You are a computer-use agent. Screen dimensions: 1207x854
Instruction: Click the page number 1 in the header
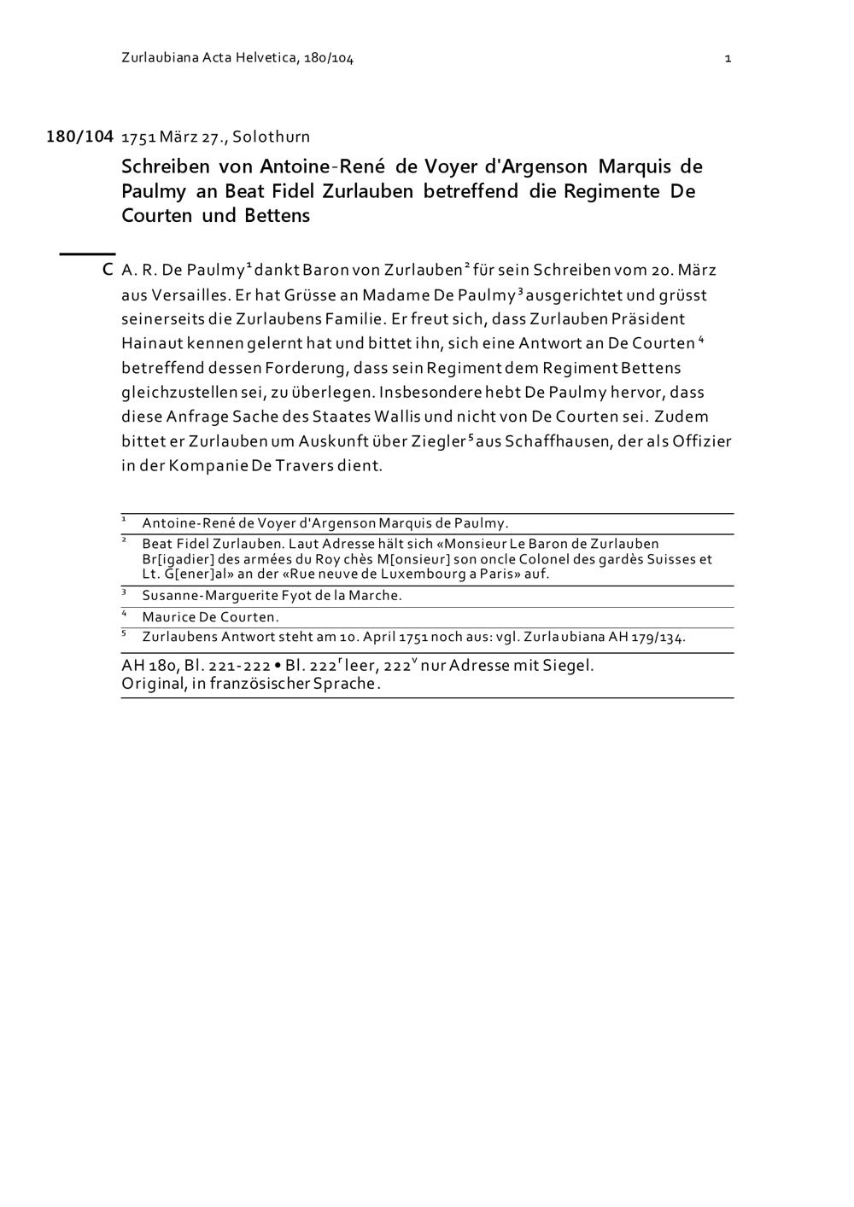727,58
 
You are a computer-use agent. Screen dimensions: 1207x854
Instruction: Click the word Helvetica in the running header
266,58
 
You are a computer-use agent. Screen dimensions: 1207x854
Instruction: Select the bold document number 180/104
79,137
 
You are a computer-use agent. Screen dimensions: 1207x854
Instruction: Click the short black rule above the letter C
87,254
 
